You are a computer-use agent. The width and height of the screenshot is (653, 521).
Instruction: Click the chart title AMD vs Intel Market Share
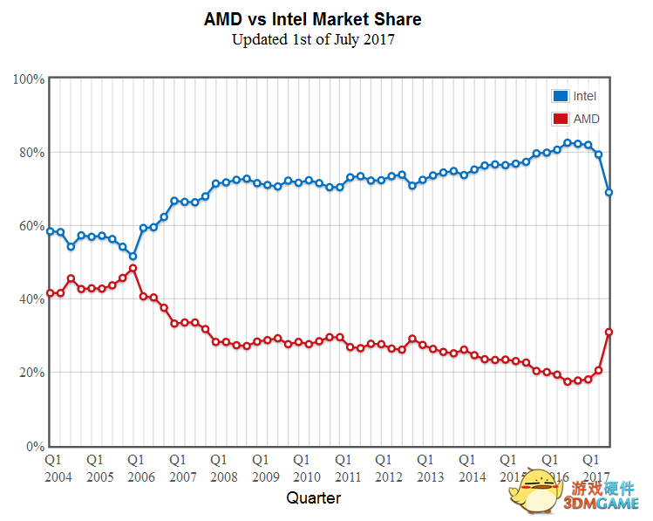click(312, 19)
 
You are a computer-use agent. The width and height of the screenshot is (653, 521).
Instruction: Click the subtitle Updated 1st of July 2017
click(313, 39)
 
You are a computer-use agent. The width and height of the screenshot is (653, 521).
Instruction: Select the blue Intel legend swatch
click(560, 96)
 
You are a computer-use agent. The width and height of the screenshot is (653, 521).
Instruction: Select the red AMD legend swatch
click(560, 119)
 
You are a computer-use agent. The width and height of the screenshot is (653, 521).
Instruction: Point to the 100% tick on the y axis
click(30, 79)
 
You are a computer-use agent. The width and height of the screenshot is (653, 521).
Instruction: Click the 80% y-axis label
click(32, 153)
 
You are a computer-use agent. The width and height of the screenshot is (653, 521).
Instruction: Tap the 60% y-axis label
click(32, 226)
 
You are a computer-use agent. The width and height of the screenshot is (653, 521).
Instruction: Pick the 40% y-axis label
click(32, 299)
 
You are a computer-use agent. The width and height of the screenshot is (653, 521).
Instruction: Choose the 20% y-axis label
click(32, 373)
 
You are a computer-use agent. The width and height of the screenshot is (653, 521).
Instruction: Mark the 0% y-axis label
click(36, 446)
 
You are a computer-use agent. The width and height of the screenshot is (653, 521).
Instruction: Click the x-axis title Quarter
click(314, 498)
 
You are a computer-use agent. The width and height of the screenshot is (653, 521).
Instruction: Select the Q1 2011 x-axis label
click(348, 467)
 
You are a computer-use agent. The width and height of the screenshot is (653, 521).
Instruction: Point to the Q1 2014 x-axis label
click(472, 467)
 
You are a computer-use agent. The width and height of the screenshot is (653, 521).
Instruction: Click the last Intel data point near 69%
click(609, 192)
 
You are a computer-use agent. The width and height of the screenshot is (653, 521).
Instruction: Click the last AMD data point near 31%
click(609, 332)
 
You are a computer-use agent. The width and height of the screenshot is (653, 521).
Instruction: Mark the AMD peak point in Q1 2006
click(133, 269)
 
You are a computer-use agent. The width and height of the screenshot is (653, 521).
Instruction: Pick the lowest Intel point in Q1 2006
click(133, 257)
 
